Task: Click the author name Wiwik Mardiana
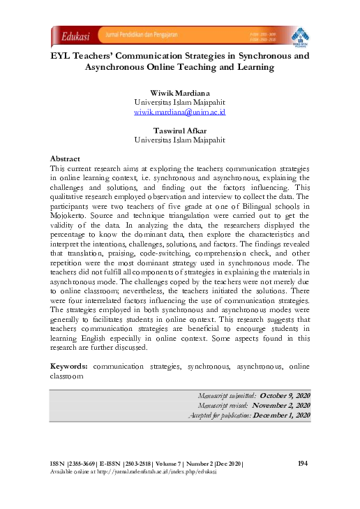pos(180,93)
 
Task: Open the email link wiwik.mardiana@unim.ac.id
pos(180,111)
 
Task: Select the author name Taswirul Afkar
pos(180,130)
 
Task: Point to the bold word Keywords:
pos(70,366)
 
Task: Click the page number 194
pos(303,464)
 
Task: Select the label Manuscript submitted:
pos(227,396)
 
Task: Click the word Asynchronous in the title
pos(122,67)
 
